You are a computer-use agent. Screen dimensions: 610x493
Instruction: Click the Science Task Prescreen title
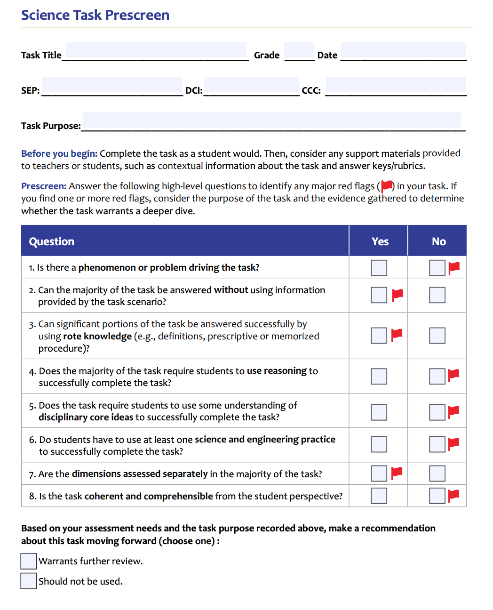point(95,15)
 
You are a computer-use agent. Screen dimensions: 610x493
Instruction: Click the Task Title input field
point(156,50)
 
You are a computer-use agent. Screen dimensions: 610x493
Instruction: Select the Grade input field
point(299,50)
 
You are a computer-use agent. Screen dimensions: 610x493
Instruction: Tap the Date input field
point(403,50)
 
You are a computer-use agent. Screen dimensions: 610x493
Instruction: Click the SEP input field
point(112,86)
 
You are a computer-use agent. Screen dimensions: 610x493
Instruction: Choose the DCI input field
point(251,86)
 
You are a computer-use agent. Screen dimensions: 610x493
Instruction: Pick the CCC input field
point(396,86)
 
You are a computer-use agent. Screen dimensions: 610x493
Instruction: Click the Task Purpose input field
point(272,120)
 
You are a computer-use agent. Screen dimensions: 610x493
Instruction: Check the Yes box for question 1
point(379,268)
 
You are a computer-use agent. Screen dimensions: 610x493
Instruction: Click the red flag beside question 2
point(398,294)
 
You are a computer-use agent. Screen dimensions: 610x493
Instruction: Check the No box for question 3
point(437,336)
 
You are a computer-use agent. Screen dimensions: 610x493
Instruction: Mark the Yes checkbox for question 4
point(379,377)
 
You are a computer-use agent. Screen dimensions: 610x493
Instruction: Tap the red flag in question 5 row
point(453,411)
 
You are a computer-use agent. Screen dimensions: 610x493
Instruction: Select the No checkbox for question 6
point(437,444)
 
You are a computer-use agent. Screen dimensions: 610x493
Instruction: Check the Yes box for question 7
point(379,474)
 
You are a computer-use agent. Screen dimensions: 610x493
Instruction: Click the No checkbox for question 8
point(437,496)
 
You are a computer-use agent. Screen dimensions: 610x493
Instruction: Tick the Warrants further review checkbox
point(29,561)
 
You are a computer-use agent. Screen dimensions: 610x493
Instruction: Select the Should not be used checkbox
point(29,581)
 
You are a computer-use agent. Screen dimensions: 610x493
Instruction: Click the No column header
point(438,241)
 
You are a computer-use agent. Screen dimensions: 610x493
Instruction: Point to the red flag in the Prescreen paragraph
point(387,186)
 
